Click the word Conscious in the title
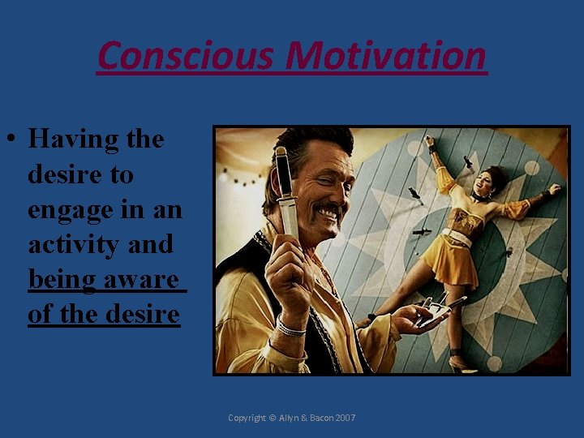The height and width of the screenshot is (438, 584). click(x=187, y=56)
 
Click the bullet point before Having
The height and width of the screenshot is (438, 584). click(x=14, y=140)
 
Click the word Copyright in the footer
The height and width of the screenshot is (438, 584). click(x=248, y=418)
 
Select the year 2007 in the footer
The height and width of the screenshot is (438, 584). click(x=343, y=418)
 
